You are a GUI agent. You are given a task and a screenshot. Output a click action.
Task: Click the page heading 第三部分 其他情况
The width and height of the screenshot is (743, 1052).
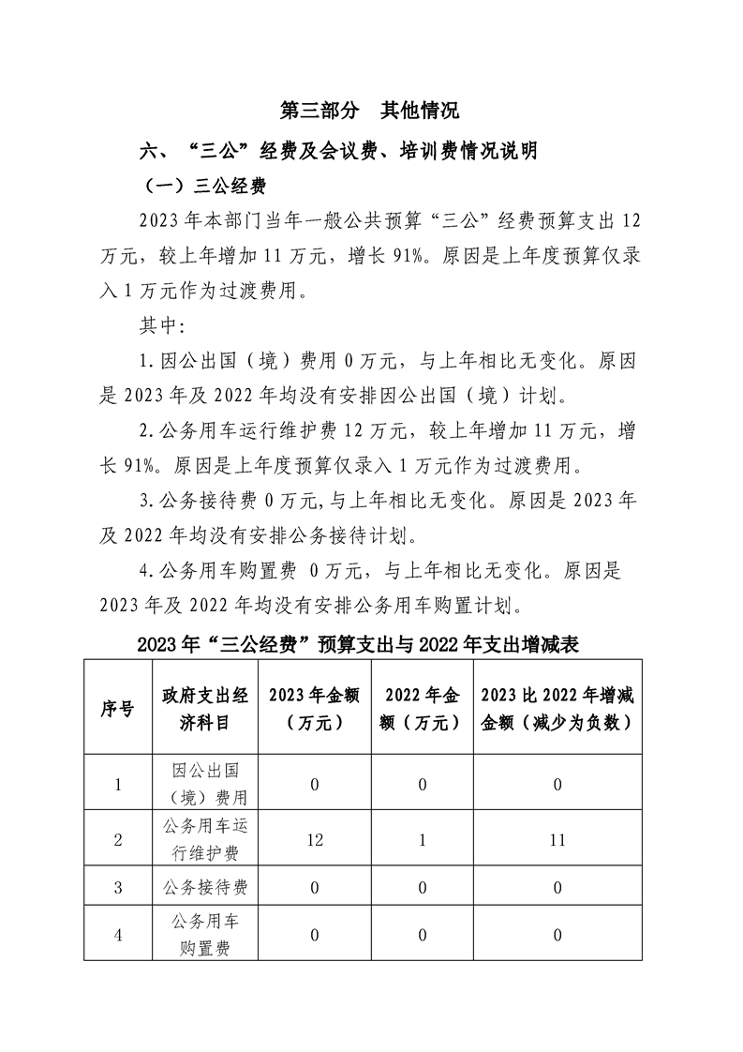point(370,110)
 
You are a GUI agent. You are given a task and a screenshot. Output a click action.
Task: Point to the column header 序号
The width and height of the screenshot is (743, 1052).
point(117,709)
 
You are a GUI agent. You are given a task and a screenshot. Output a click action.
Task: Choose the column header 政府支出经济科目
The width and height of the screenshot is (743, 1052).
point(204,709)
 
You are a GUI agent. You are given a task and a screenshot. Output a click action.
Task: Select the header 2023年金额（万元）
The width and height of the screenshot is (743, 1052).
point(314,709)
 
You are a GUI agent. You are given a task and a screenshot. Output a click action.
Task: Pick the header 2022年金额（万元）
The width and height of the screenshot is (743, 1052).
point(422,709)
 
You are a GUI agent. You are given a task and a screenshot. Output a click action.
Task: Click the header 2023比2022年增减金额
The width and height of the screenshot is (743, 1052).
point(557,709)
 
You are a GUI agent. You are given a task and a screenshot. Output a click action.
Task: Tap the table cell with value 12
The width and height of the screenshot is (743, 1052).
point(314,840)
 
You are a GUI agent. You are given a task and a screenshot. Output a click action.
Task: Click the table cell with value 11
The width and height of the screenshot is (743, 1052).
point(557,840)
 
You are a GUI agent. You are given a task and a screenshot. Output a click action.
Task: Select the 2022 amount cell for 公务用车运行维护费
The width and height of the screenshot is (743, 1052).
point(422,840)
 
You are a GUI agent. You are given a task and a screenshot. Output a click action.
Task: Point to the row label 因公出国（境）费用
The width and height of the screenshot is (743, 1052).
point(204,784)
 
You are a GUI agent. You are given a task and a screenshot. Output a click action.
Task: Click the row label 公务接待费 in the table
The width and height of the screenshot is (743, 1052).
point(204,887)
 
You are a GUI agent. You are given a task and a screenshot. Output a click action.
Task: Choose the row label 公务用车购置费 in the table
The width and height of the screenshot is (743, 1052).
point(204,935)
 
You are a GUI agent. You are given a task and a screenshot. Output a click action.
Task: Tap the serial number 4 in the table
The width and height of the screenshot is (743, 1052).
point(117,935)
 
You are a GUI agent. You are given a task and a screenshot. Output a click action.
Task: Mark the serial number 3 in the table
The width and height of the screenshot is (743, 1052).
point(117,887)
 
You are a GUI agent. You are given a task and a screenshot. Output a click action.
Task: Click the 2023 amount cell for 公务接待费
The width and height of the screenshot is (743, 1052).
point(314,887)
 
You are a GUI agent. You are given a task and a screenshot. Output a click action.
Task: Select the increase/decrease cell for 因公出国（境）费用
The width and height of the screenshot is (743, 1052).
point(557,784)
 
